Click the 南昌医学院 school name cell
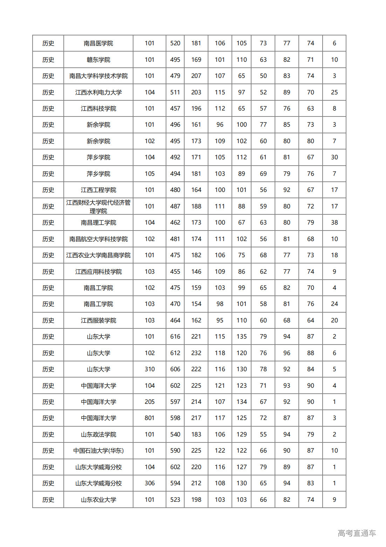[x=98, y=43]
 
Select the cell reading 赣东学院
[x=98, y=60]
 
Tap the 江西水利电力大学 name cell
[x=98, y=92]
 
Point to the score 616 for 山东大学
[x=175, y=336]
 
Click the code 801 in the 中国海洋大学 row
[x=150, y=418]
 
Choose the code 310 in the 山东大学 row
[x=150, y=369]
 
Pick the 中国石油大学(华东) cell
[x=98, y=451]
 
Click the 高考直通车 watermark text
[x=357, y=533]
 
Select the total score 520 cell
[x=175, y=43]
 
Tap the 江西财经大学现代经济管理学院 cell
[x=98, y=206]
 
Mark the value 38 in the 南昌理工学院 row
[x=334, y=222]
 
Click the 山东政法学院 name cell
[x=98, y=434]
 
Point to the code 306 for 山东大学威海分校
[x=150, y=483]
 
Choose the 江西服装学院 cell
[x=98, y=320]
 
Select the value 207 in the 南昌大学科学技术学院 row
[x=196, y=76]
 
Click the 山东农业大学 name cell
[x=98, y=500]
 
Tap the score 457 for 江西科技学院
[x=175, y=108]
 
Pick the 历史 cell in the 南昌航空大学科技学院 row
[x=48, y=239]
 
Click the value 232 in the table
[x=196, y=353]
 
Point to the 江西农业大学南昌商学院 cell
[x=98, y=255]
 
